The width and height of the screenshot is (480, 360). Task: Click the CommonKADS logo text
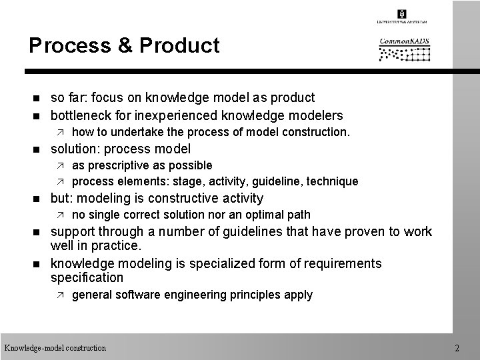pos(405,42)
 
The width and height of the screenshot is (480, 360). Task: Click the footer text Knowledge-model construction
pos(55,347)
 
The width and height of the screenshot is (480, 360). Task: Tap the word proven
pos(360,231)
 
